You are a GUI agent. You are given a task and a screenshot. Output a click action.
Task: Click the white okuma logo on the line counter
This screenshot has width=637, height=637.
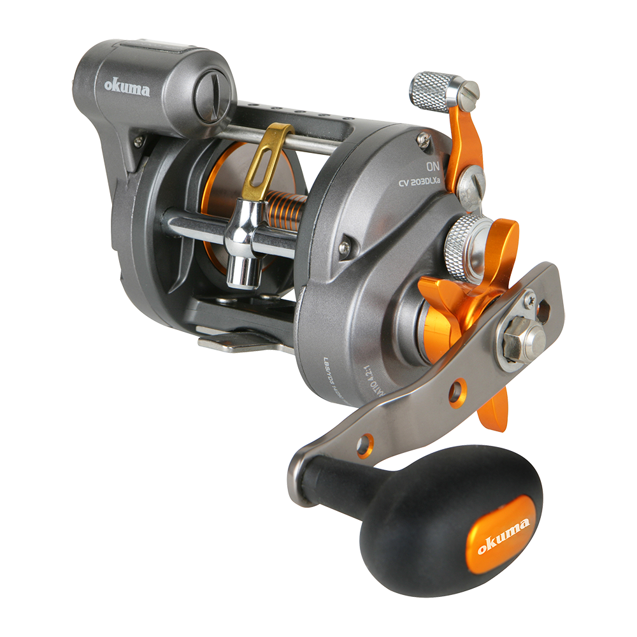128,88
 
